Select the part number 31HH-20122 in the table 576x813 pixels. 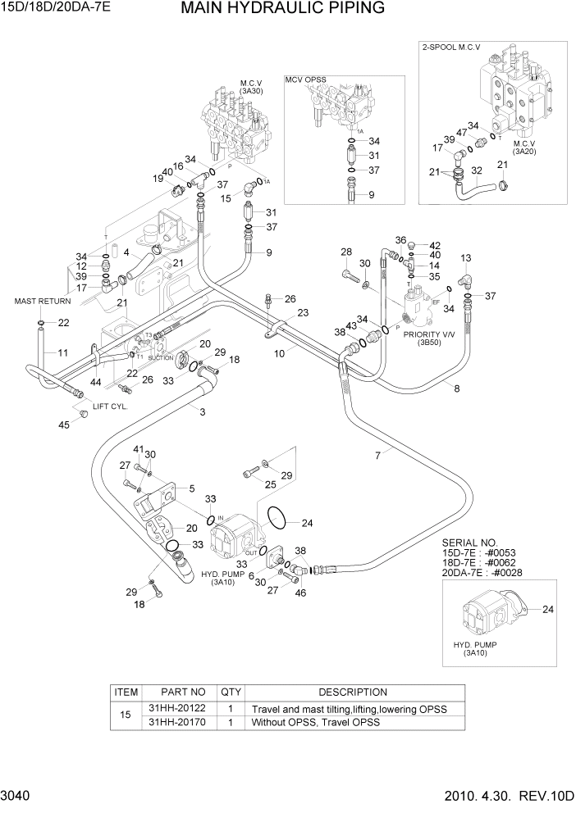pos(177,708)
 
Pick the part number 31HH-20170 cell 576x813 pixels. pos(177,723)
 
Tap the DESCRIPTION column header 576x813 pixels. pos(353,693)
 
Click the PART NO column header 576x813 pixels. pos(177,693)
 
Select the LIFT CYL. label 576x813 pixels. pos(107,406)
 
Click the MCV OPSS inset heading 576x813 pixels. pos(306,79)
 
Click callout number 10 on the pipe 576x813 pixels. pos(279,353)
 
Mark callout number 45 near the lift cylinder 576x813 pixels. pos(63,424)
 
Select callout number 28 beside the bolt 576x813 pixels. pos(346,252)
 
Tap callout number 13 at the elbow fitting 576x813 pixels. pos(465,258)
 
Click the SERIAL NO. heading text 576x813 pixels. pos(469,543)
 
